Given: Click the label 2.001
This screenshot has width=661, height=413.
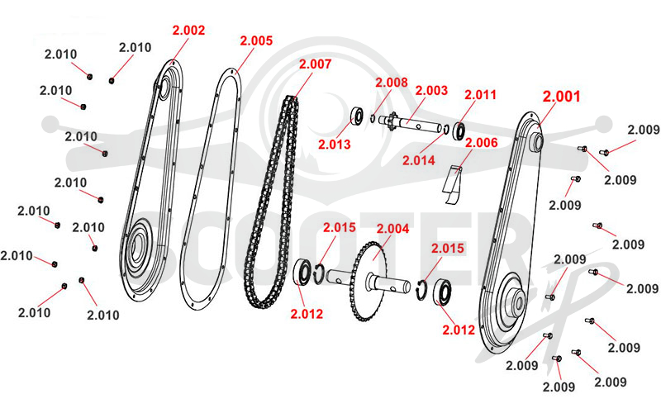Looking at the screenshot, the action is click(x=561, y=97).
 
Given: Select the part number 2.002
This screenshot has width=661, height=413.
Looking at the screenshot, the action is click(x=188, y=31).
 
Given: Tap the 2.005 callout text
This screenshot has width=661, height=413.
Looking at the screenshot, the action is click(x=256, y=40).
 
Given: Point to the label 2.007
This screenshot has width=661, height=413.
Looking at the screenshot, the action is click(x=315, y=64).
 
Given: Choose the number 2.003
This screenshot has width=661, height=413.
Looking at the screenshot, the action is click(x=431, y=91).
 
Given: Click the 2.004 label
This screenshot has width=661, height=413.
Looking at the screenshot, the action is click(x=392, y=229).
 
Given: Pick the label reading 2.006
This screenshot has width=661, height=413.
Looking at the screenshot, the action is click(x=482, y=143).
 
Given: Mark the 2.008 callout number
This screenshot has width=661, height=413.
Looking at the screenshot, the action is click(x=392, y=83).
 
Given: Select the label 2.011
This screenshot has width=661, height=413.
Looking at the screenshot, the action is click(x=480, y=95).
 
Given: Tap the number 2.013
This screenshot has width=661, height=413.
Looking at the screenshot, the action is click(x=335, y=145).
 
